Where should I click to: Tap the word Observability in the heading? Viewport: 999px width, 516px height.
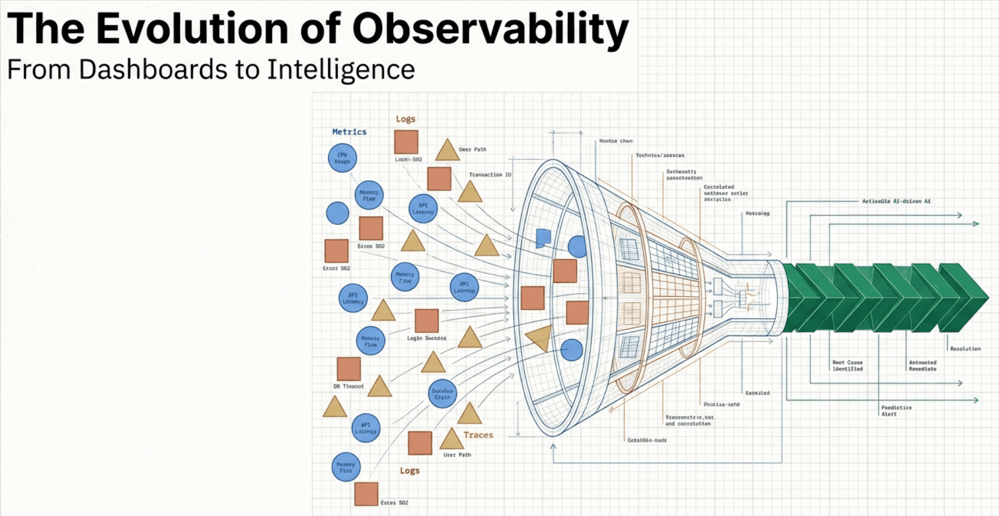[490, 30]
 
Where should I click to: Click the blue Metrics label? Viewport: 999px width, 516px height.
[349, 132]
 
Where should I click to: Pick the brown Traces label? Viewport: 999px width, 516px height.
[478, 435]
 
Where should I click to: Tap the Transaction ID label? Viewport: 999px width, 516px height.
[490, 175]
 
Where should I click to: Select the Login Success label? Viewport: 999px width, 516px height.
[426, 338]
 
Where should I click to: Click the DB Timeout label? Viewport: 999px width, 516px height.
[348, 386]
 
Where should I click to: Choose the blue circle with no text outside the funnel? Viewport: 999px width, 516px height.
[338, 213]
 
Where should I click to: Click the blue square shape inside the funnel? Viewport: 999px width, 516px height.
[543, 237]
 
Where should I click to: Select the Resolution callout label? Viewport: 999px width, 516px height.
[965, 349]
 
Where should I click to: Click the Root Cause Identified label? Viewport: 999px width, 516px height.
[847, 365]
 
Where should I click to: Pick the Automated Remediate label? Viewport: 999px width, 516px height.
[922, 365]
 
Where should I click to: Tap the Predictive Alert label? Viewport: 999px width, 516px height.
[896, 410]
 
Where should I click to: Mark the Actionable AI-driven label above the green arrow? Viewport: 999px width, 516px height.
[896, 201]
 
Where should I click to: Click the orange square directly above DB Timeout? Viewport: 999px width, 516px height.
[349, 369]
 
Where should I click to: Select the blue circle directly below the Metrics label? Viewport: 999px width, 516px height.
[343, 158]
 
